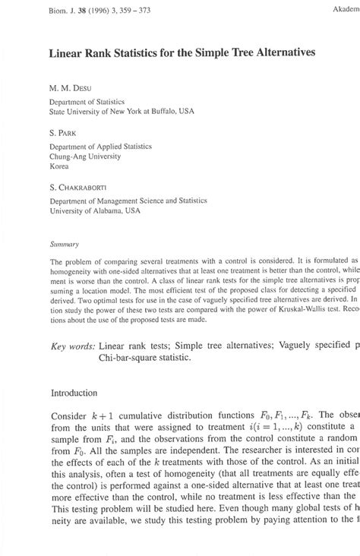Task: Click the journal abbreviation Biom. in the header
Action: tap(59, 11)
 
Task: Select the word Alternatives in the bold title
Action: tap(259, 54)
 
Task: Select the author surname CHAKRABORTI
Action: tap(90, 188)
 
